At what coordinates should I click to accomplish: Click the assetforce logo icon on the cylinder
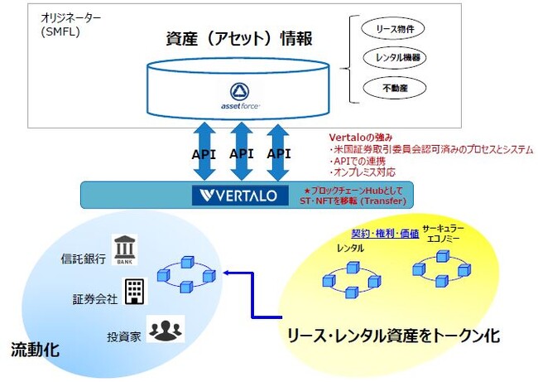click(x=242, y=90)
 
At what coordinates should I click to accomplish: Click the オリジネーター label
click(x=75, y=17)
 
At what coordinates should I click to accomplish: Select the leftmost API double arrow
click(x=204, y=152)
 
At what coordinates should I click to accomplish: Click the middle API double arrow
click(x=242, y=152)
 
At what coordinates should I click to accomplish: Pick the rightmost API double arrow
click(x=280, y=152)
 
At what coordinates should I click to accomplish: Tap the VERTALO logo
click(x=237, y=196)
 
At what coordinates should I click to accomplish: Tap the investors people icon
click(x=166, y=329)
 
